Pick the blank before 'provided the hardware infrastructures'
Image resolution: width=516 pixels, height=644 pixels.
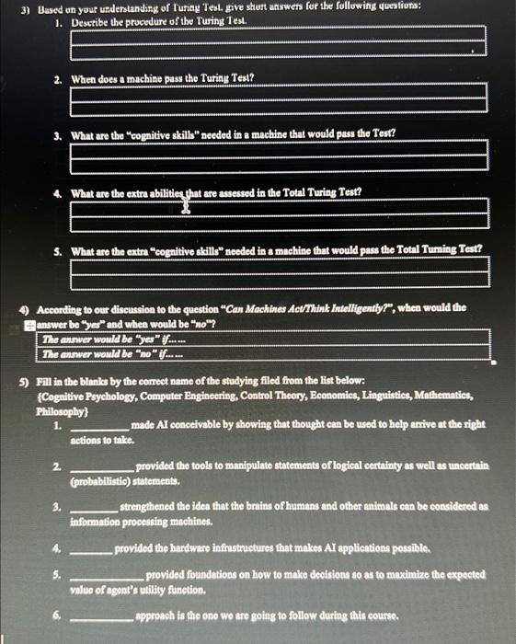[91, 549]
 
